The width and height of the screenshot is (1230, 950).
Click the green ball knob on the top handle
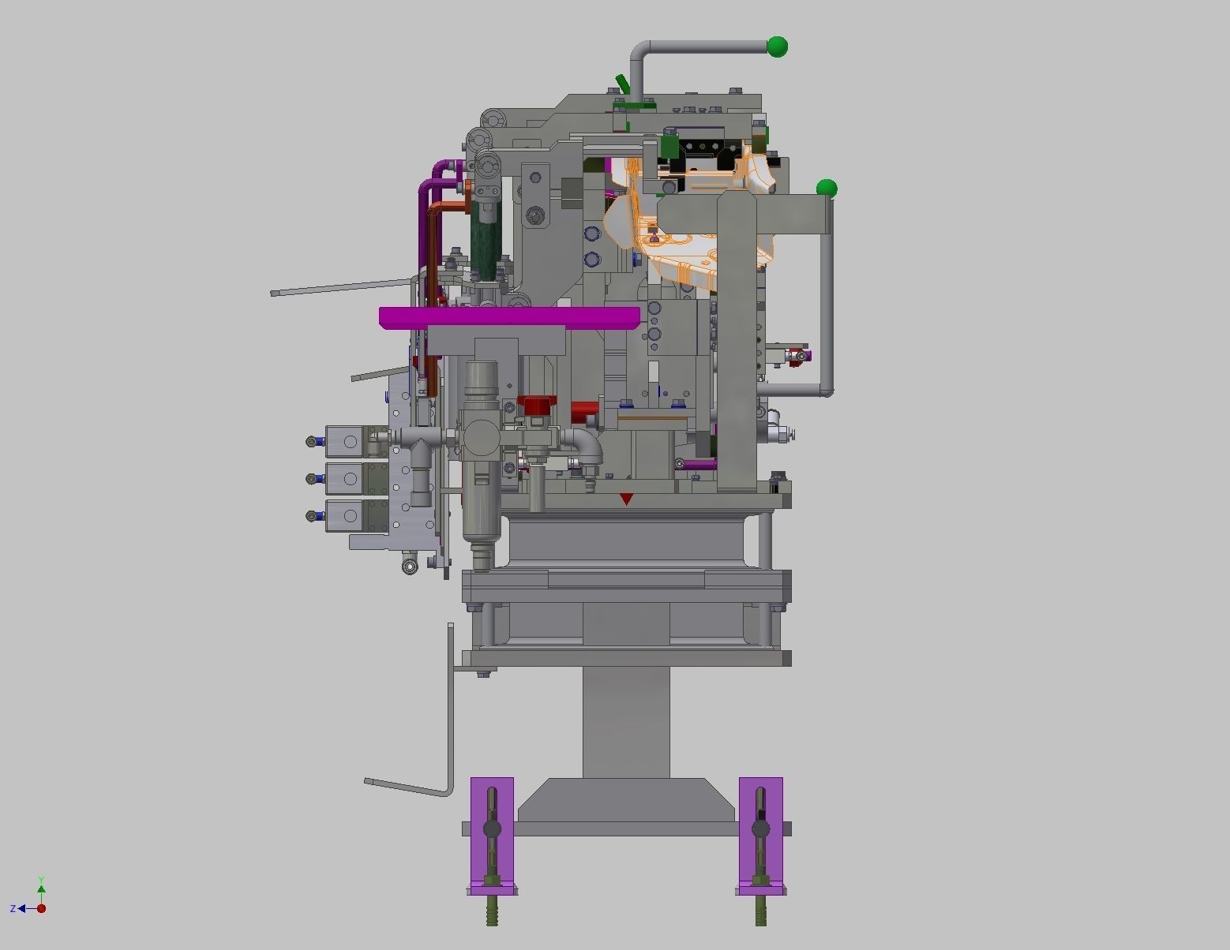click(778, 47)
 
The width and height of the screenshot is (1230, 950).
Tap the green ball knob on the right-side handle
click(827, 189)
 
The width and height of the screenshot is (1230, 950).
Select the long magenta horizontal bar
click(509, 317)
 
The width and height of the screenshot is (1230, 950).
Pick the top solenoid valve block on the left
click(345, 441)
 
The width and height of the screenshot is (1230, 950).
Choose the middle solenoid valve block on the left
click(345, 478)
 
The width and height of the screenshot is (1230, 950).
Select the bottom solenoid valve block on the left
click(345, 515)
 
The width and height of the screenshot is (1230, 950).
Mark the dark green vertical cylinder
click(486, 237)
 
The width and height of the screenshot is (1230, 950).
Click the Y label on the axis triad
click(41, 880)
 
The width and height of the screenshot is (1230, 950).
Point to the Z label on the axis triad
click(13, 909)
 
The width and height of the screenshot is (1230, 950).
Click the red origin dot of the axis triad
click(41, 909)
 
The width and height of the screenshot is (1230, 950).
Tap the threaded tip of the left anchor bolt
click(492, 915)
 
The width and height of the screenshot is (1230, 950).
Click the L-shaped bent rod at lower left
click(449, 750)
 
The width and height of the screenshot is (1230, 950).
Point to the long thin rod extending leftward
click(339, 288)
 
